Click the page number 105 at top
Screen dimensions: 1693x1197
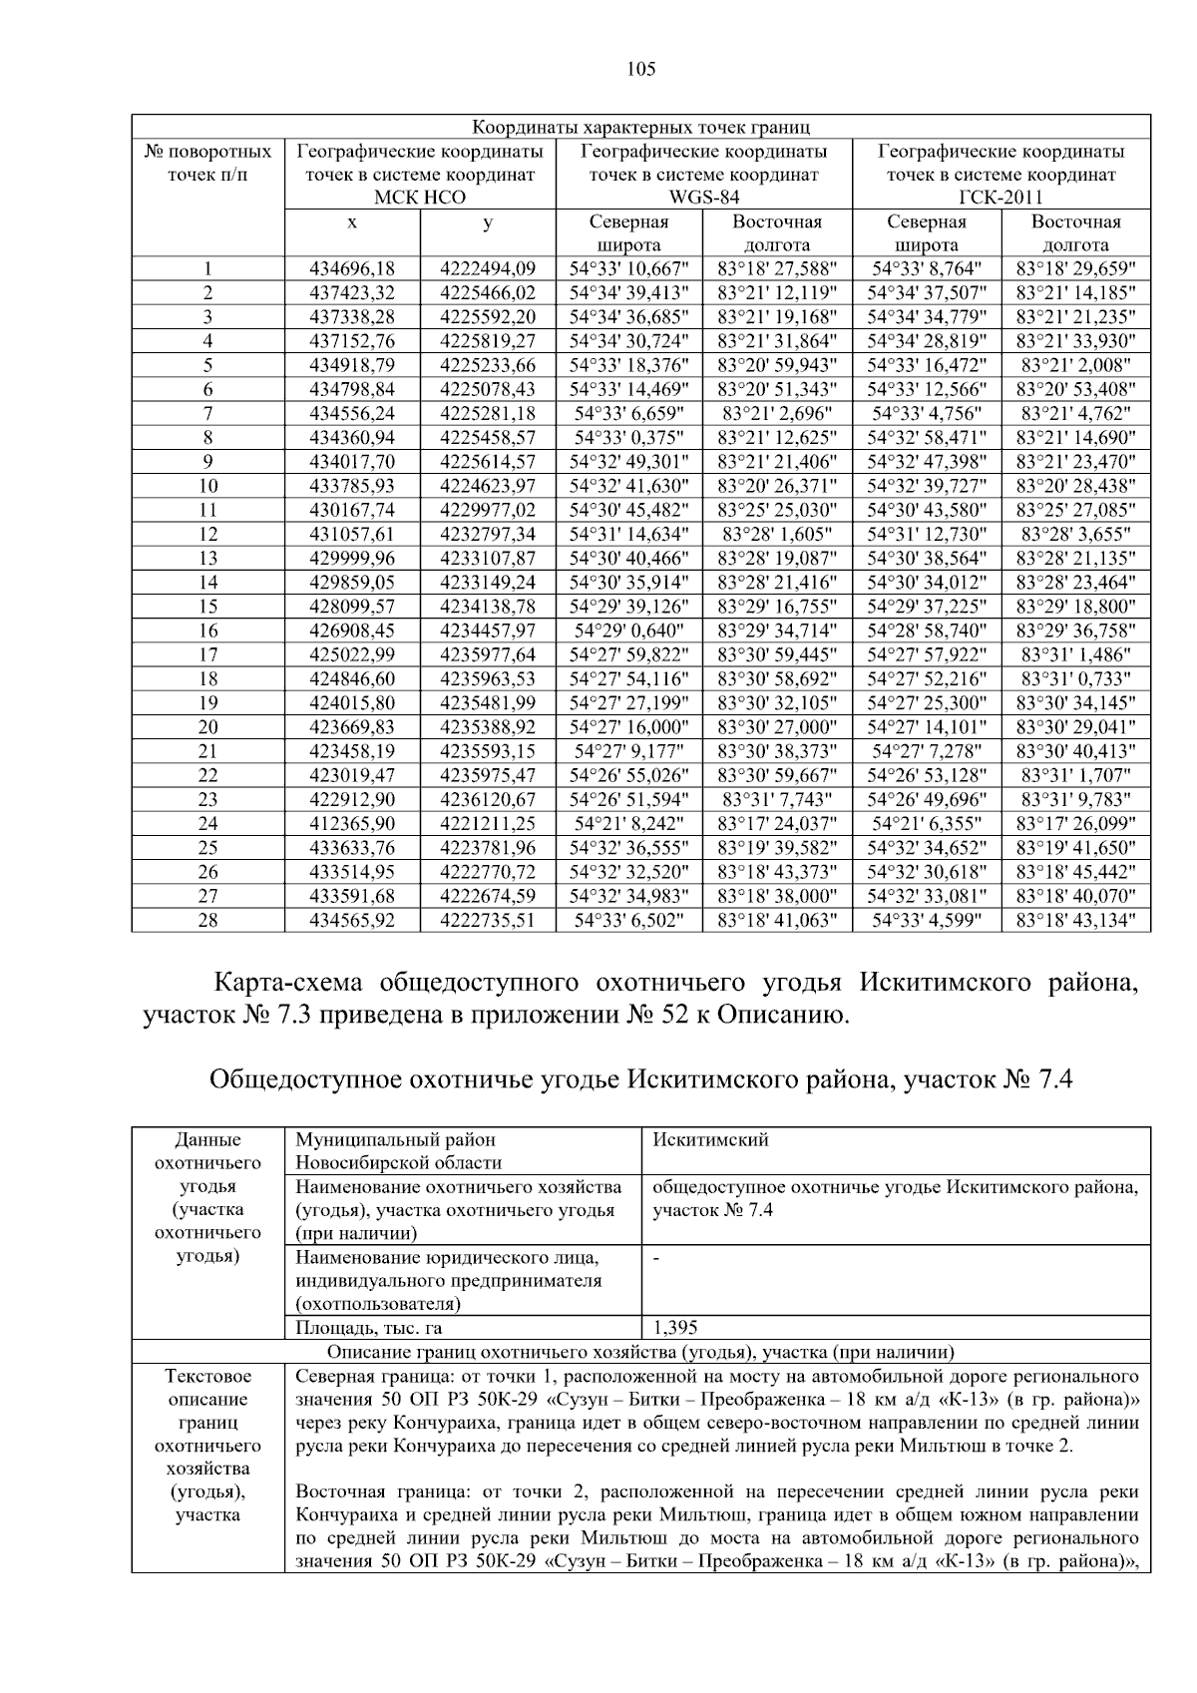(641, 69)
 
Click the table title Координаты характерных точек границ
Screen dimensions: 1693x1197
(640, 128)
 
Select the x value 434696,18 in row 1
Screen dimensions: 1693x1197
(352, 268)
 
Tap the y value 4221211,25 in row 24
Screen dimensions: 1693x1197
(487, 823)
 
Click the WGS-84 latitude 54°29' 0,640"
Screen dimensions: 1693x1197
(627, 631)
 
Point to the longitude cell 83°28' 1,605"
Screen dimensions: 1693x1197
(777, 535)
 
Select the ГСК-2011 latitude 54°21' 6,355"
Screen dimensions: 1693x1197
(927, 823)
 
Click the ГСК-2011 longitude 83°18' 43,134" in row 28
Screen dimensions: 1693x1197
(1075, 920)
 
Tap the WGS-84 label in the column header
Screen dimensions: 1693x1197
(703, 198)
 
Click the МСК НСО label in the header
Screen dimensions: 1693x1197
(420, 198)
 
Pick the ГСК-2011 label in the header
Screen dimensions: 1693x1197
(1000, 198)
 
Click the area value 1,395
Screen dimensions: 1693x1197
(675, 1328)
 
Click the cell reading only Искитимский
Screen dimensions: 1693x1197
(710, 1140)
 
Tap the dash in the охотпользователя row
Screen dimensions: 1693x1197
(656, 1258)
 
